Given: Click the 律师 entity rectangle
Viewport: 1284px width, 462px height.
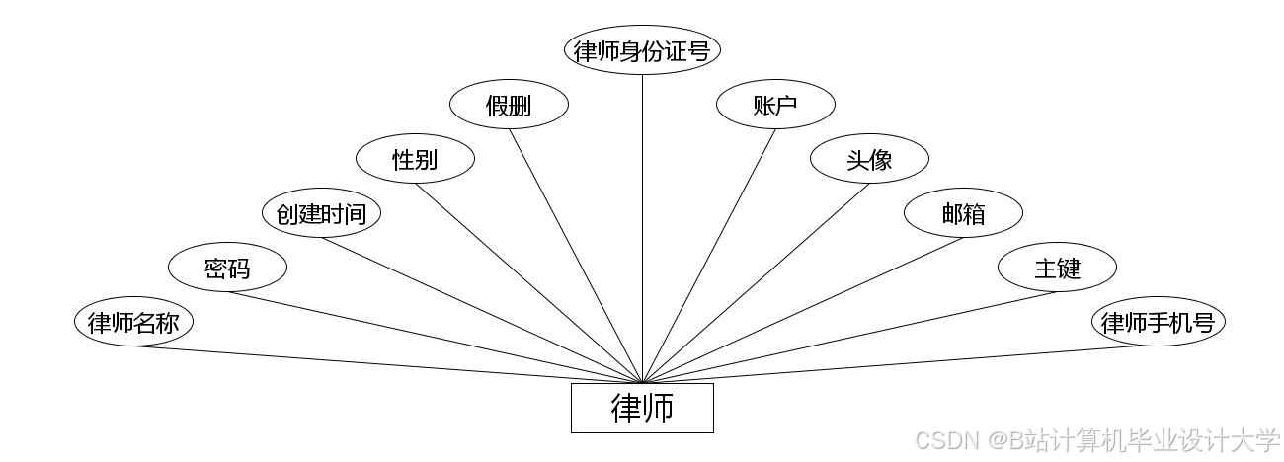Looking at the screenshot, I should pyautogui.click(x=642, y=408).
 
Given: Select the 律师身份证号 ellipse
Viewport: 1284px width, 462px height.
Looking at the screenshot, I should pyautogui.click(x=642, y=50).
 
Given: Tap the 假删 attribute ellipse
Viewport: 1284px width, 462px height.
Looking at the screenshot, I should pyautogui.click(x=509, y=106).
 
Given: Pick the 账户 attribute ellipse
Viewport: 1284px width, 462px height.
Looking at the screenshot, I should pyautogui.click(x=775, y=106).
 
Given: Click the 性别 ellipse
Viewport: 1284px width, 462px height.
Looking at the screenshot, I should pyautogui.click(x=415, y=159).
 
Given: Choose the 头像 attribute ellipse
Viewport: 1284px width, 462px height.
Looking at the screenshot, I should pyautogui.click(x=869, y=159).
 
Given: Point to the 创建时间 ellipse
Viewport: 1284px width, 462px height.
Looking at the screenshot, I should pyautogui.click(x=321, y=213).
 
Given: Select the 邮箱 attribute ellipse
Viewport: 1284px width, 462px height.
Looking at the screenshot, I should pyautogui.click(x=963, y=213).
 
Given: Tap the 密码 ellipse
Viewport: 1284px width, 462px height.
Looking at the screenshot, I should pyautogui.click(x=227, y=268).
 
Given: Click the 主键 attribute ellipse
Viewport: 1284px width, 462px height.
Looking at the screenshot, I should pyautogui.click(x=1057, y=268).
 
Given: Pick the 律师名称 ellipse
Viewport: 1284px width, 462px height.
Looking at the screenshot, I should pyautogui.click(x=133, y=322).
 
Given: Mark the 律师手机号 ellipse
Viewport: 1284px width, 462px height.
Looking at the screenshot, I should pyautogui.click(x=1158, y=322).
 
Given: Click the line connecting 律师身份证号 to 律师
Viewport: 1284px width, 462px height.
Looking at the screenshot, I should pyautogui.click(x=642, y=227).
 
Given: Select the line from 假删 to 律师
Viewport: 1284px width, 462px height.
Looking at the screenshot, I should pyautogui.click(x=576, y=255).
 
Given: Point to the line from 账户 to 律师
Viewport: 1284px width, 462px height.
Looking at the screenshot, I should pyautogui.click(x=709, y=255).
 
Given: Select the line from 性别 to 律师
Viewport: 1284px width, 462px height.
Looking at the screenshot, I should pyautogui.click(x=528, y=283).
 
